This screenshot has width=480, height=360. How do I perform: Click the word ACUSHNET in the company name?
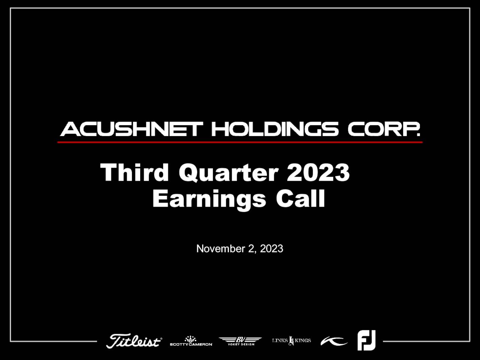(x=132, y=129)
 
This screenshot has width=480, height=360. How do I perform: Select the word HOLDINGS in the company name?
(x=275, y=129)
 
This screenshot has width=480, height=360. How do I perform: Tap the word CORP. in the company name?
(x=384, y=129)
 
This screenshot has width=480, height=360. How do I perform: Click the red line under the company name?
(x=240, y=142)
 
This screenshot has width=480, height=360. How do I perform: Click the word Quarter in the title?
(x=228, y=173)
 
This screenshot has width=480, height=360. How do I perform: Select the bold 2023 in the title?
(x=318, y=172)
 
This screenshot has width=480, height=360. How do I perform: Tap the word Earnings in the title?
(x=209, y=199)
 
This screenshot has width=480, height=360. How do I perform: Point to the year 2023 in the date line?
(x=271, y=249)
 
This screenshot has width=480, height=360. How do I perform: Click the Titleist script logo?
(x=134, y=341)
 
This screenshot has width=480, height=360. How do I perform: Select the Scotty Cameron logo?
(x=191, y=341)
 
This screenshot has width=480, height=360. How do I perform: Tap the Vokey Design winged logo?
(x=240, y=341)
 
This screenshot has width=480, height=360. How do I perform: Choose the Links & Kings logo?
(x=291, y=340)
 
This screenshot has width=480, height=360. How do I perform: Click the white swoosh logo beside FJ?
(x=334, y=341)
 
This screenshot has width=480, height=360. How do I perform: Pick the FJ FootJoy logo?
(x=366, y=340)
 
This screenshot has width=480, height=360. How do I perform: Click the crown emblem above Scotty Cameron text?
(x=190, y=338)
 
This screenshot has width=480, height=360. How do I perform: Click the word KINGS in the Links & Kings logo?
(x=303, y=340)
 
